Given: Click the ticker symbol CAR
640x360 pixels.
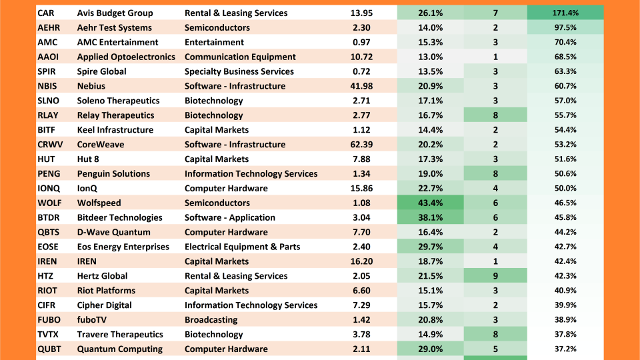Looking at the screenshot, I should tap(46, 13).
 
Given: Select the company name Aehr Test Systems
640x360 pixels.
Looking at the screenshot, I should tap(114, 28).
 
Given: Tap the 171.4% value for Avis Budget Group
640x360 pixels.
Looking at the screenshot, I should tap(565, 13).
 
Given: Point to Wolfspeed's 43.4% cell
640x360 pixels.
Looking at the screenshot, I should tap(430, 203).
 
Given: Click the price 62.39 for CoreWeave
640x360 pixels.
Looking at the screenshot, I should tap(361, 145).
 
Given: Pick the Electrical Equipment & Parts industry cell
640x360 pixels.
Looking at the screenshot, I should tap(242, 247).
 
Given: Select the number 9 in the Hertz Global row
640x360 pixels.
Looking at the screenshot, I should tap(495, 276).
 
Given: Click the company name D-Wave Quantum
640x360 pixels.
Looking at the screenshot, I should tap(114, 232).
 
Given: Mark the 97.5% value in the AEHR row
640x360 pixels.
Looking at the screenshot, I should tap(565, 28).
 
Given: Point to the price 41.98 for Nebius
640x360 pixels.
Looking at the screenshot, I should tap(361, 86).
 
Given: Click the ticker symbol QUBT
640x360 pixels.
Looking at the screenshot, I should tap(50, 349).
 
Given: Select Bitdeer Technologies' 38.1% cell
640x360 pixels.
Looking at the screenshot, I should tap(430, 217).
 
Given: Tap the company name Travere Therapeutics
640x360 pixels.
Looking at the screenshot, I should tap(120, 335).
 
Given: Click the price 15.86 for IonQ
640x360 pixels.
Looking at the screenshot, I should tap(361, 189).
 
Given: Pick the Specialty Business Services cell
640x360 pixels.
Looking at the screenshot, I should tap(239, 72).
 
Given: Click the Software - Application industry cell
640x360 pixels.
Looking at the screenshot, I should tap(229, 217).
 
